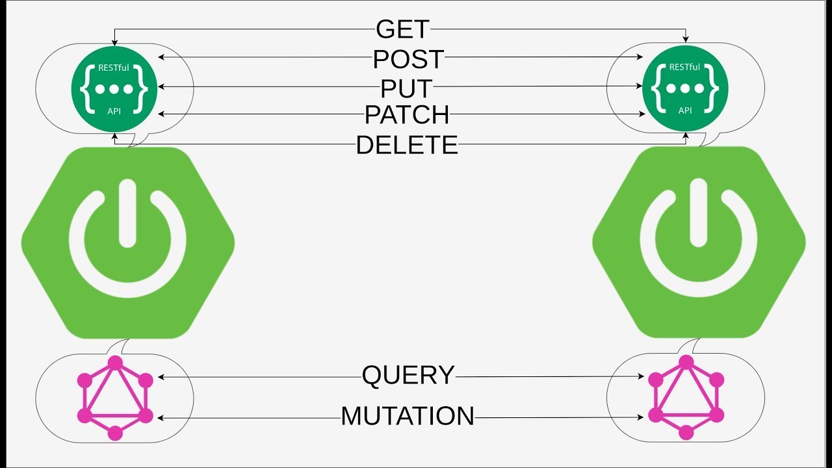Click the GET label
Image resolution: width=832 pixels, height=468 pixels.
pyautogui.click(x=402, y=29)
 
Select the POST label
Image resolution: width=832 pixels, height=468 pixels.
pyautogui.click(x=408, y=59)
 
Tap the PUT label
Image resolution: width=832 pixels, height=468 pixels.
pyautogui.click(x=406, y=88)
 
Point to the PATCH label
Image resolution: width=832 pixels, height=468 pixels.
pyautogui.click(x=407, y=115)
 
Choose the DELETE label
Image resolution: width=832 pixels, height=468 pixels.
pyautogui.click(x=407, y=145)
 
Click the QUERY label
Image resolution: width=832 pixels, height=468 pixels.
pyautogui.click(x=408, y=376)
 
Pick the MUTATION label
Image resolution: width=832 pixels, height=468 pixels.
pyautogui.click(x=408, y=416)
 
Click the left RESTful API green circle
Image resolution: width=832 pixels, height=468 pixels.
pyautogui.click(x=114, y=89)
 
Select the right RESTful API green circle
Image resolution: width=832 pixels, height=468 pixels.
pyautogui.click(x=685, y=88)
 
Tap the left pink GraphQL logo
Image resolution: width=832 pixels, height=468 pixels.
pyautogui.click(x=115, y=398)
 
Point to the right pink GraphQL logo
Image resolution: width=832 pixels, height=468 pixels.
pyautogui.click(x=686, y=397)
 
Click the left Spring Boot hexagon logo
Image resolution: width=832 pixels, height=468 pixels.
pyautogui.click(x=128, y=243)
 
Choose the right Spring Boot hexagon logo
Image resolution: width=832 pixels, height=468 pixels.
pyautogui.click(x=699, y=242)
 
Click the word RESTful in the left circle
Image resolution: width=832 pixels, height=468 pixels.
pyautogui.click(x=114, y=68)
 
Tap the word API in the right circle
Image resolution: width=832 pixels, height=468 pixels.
pyautogui.click(x=685, y=110)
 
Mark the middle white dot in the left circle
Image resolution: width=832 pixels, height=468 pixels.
pyautogui.click(x=114, y=90)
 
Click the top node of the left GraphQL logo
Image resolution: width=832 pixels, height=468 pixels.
pyautogui.click(x=115, y=363)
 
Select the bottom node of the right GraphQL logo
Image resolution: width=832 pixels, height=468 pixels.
pyautogui.click(x=686, y=433)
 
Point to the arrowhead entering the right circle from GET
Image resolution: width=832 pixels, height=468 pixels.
pyautogui.click(x=686, y=40)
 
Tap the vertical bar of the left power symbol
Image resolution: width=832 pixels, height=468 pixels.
pyautogui.click(x=128, y=213)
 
